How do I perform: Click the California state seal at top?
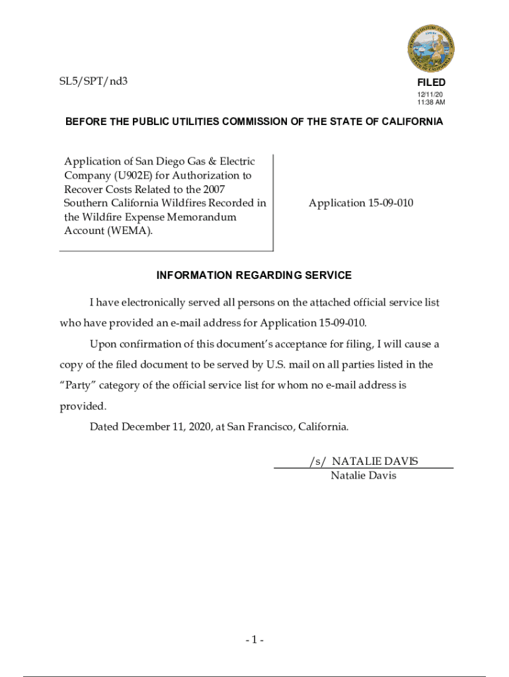coord(430,48)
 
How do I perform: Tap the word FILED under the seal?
coord(431,83)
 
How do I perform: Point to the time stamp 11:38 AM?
coord(431,102)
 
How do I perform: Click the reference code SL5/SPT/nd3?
coord(90,82)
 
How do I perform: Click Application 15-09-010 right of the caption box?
coord(361,203)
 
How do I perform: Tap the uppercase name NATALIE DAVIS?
coord(375,461)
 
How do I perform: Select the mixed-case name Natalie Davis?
coord(364,475)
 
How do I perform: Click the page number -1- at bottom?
coord(255,640)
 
